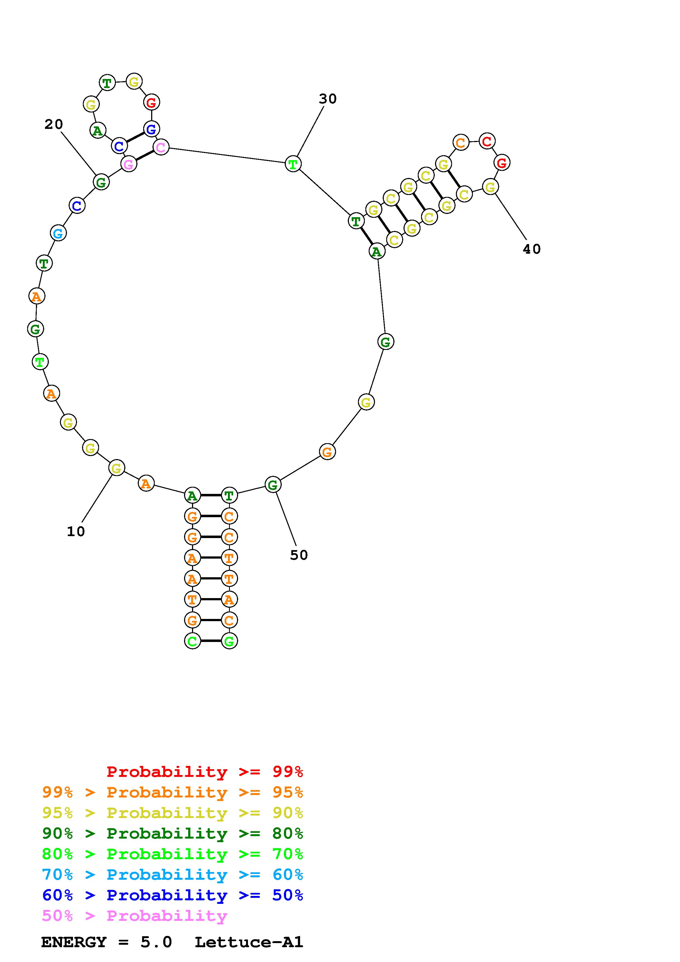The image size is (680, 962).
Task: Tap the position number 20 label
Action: tap(54, 124)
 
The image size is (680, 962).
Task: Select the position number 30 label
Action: tap(328, 99)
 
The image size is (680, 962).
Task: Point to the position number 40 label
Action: tap(532, 249)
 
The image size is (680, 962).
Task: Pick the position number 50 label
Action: tap(299, 555)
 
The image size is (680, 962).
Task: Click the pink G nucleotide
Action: tap(129, 164)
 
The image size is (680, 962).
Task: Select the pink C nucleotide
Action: tap(161, 147)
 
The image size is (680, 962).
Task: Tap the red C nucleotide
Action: tap(486, 141)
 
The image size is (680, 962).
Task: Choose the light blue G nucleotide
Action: tap(58, 233)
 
